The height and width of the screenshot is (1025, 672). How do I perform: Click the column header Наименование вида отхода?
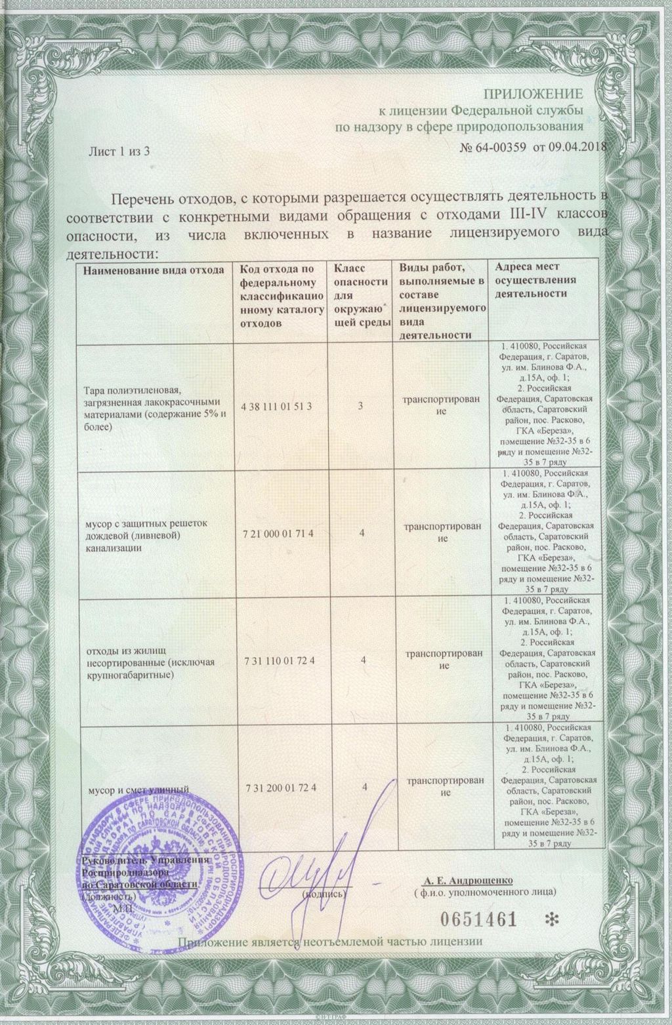pos(154,270)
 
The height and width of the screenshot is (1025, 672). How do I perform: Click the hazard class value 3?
pos(361,407)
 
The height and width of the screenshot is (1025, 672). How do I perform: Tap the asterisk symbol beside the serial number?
pos(550,919)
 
